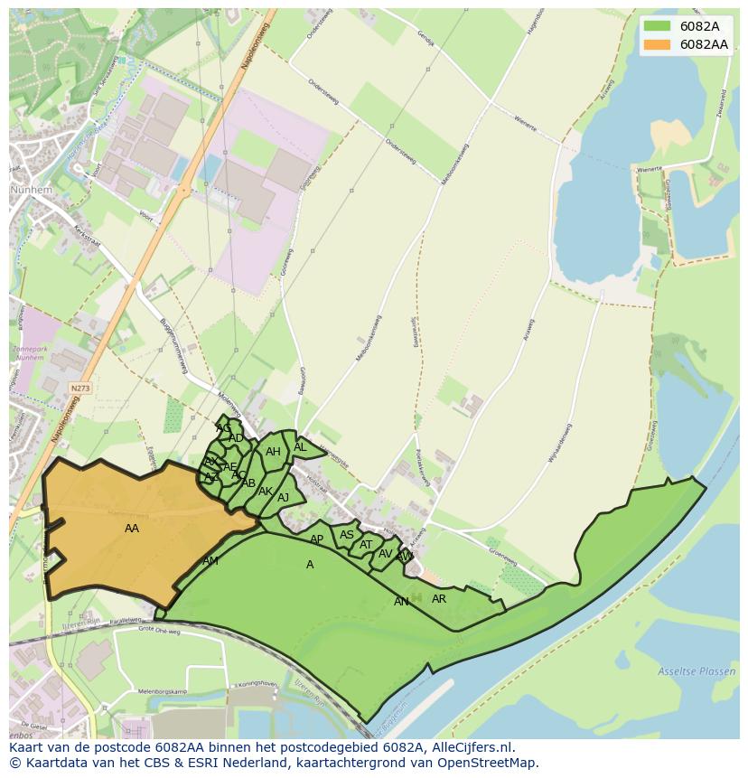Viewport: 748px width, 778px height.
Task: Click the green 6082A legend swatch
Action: click(658, 26)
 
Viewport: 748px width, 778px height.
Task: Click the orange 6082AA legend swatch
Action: click(658, 43)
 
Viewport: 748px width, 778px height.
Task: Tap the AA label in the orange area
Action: click(132, 529)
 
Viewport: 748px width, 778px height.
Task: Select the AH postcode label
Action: click(273, 452)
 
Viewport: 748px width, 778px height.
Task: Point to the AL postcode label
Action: click(300, 447)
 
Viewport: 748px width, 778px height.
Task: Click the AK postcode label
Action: click(266, 492)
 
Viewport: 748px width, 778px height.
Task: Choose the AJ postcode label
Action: click(284, 498)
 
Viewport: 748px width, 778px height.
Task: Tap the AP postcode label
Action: click(316, 539)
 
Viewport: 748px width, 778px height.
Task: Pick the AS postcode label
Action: click(347, 535)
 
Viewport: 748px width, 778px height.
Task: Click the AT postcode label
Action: click(366, 545)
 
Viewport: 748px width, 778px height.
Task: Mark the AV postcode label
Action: click(386, 554)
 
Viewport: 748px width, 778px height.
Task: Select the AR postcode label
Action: click(439, 599)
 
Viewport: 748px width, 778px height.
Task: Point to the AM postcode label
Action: click(210, 561)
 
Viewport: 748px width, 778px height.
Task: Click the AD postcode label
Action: click(236, 438)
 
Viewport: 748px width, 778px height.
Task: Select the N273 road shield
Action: click(80, 388)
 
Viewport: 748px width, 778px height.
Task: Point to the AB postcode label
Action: click(248, 483)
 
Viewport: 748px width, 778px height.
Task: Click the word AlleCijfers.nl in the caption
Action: click(471, 747)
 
